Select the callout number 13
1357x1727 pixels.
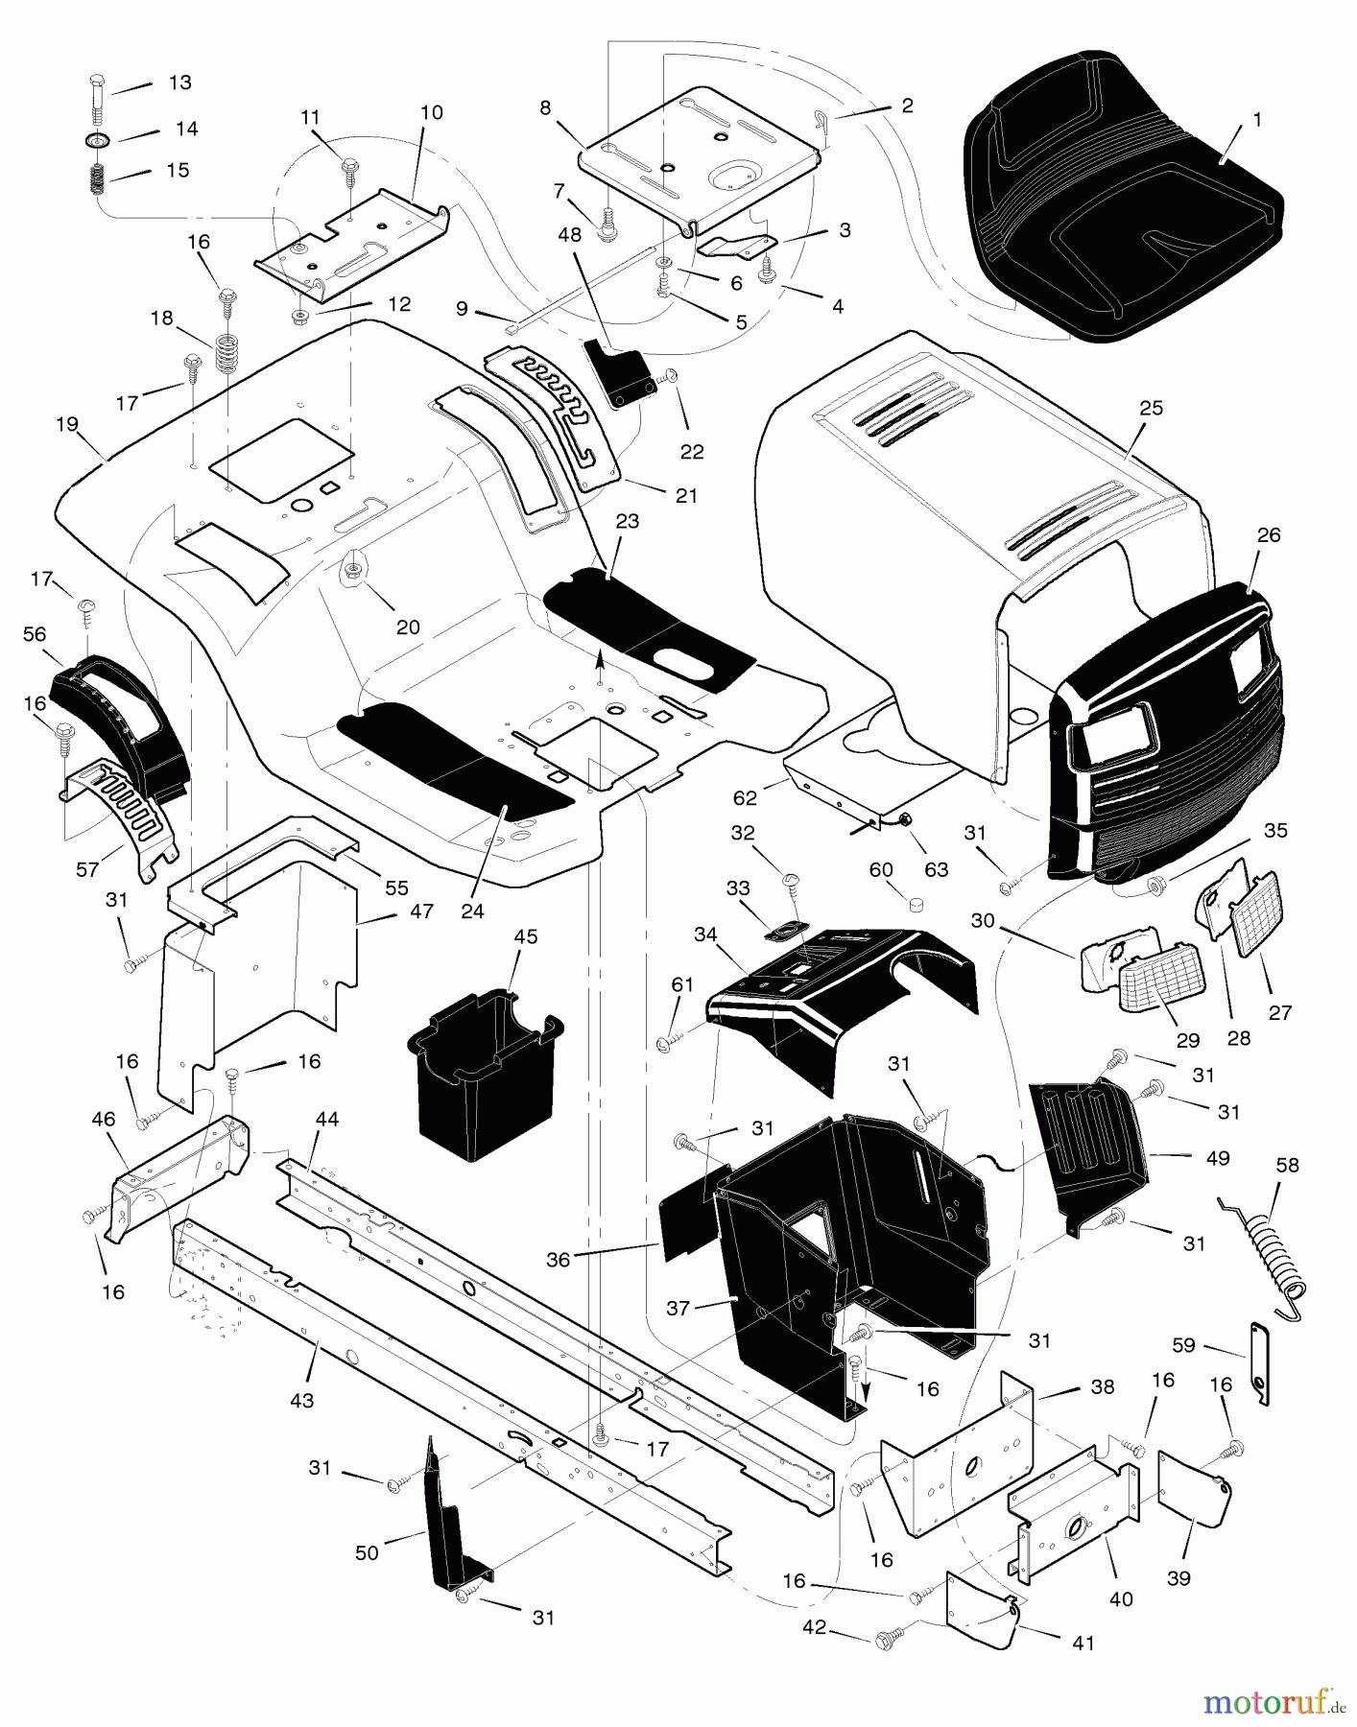pos(179,83)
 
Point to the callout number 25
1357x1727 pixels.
pos(1151,408)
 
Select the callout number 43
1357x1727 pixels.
pos(301,1400)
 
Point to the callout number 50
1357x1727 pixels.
pos(367,1552)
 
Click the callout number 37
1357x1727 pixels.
pos(678,1308)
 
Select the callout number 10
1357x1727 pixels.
pos(431,113)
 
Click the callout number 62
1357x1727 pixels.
pos(745,797)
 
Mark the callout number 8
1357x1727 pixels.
pos(545,107)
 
